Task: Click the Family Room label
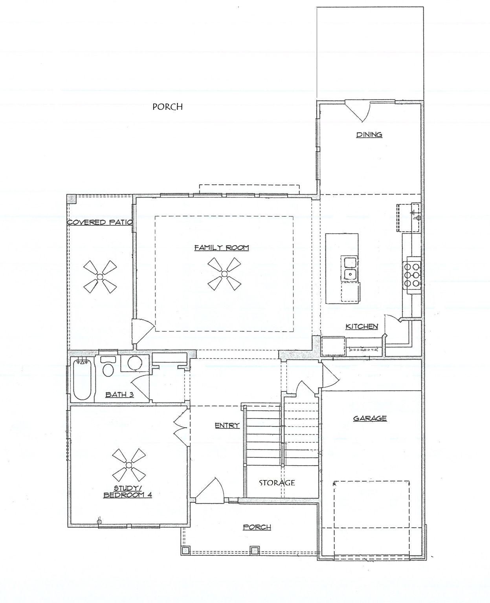pyautogui.click(x=222, y=248)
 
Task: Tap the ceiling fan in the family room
pyautogui.click(x=224, y=274)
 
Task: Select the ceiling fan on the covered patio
pyautogui.click(x=100, y=278)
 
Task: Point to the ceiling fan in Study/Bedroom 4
pyautogui.click(x=128, y=465)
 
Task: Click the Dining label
pyautogui.click(x=369, y=135)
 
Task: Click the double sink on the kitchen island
pyautogui.click(x=349, y=268)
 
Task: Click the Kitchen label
pyautogui.click(x=362, y=327)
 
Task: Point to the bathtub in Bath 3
pyautogui.click(x=83, y=380)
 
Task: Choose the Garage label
pyautogui.click(x=370, y=418)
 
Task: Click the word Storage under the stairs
pyautogui.click(x=277, y=482)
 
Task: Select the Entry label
pyautogui.click(x=227, y=426)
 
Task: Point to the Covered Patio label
pyautogui.click(x=99, y=223)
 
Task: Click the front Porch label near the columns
pyautogui.click(x=257, y=527)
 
